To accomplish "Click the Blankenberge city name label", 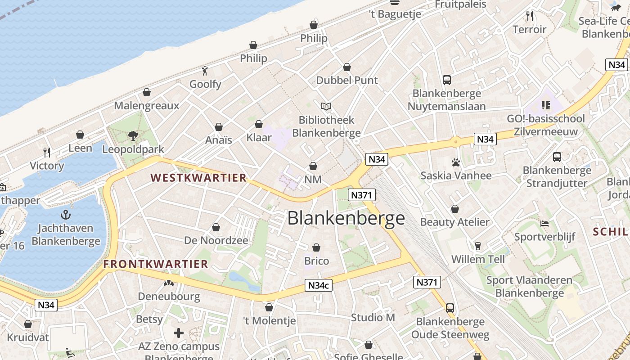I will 346,218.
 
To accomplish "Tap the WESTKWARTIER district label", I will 198,178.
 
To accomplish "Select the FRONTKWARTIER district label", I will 156,264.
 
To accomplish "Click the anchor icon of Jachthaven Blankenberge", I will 66,215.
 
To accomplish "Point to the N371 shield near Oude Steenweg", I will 427,282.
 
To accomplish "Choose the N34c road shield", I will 319,285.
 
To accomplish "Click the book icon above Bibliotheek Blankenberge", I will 326,107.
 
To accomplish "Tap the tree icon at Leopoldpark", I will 133,135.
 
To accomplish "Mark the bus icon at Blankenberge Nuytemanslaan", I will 446,80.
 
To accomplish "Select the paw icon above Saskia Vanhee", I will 456,162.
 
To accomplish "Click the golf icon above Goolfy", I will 205,71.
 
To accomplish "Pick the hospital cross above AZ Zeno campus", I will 179,333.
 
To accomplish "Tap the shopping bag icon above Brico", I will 316,247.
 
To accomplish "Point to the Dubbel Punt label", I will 347,80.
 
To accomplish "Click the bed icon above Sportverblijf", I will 544,224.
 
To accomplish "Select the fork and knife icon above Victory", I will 47,152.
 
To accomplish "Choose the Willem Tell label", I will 478,259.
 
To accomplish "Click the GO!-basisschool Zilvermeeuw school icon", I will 546,105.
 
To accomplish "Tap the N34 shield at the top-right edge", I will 616,65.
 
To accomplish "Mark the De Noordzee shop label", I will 216,240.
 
